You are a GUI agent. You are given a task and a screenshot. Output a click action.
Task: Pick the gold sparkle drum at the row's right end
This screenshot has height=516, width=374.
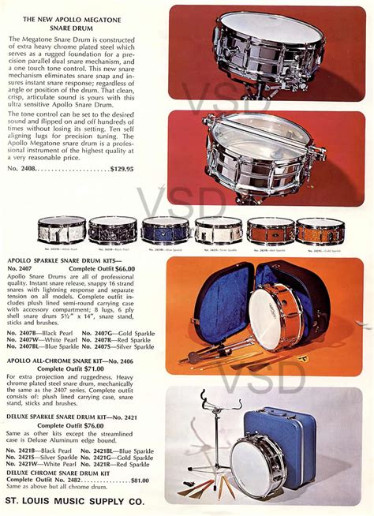pyautogui.click(x=320, y=230)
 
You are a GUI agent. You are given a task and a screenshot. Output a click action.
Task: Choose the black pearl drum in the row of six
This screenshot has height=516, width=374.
pyautogui.click(x=113, y=230)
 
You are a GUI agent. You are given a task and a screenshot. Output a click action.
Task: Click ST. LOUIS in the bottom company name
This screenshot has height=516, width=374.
pyautogui.click(x=29, y=501)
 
